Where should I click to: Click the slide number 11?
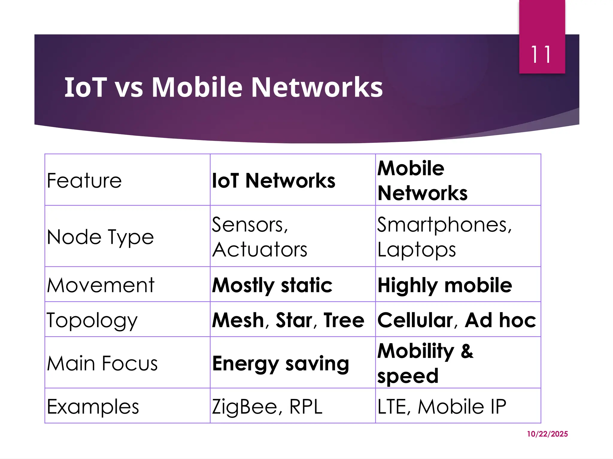[541, 55]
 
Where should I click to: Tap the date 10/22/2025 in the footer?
[547, 434]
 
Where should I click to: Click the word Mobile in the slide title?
[197, 87]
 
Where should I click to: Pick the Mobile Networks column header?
[422, 180]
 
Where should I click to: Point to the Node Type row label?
[100, 237]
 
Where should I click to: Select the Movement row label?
[101, 285]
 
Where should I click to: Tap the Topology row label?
[92, 320]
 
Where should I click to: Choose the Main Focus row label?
[102, 363]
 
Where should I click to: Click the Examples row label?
[93, 406]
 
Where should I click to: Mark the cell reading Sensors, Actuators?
[260, 237]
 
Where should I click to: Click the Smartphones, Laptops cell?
[444, 237]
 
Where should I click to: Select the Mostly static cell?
[272, 285]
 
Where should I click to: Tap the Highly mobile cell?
[445, 285]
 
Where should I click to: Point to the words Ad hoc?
[500, 320]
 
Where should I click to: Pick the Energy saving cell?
[280, 363]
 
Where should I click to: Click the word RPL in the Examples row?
[306, 406]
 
